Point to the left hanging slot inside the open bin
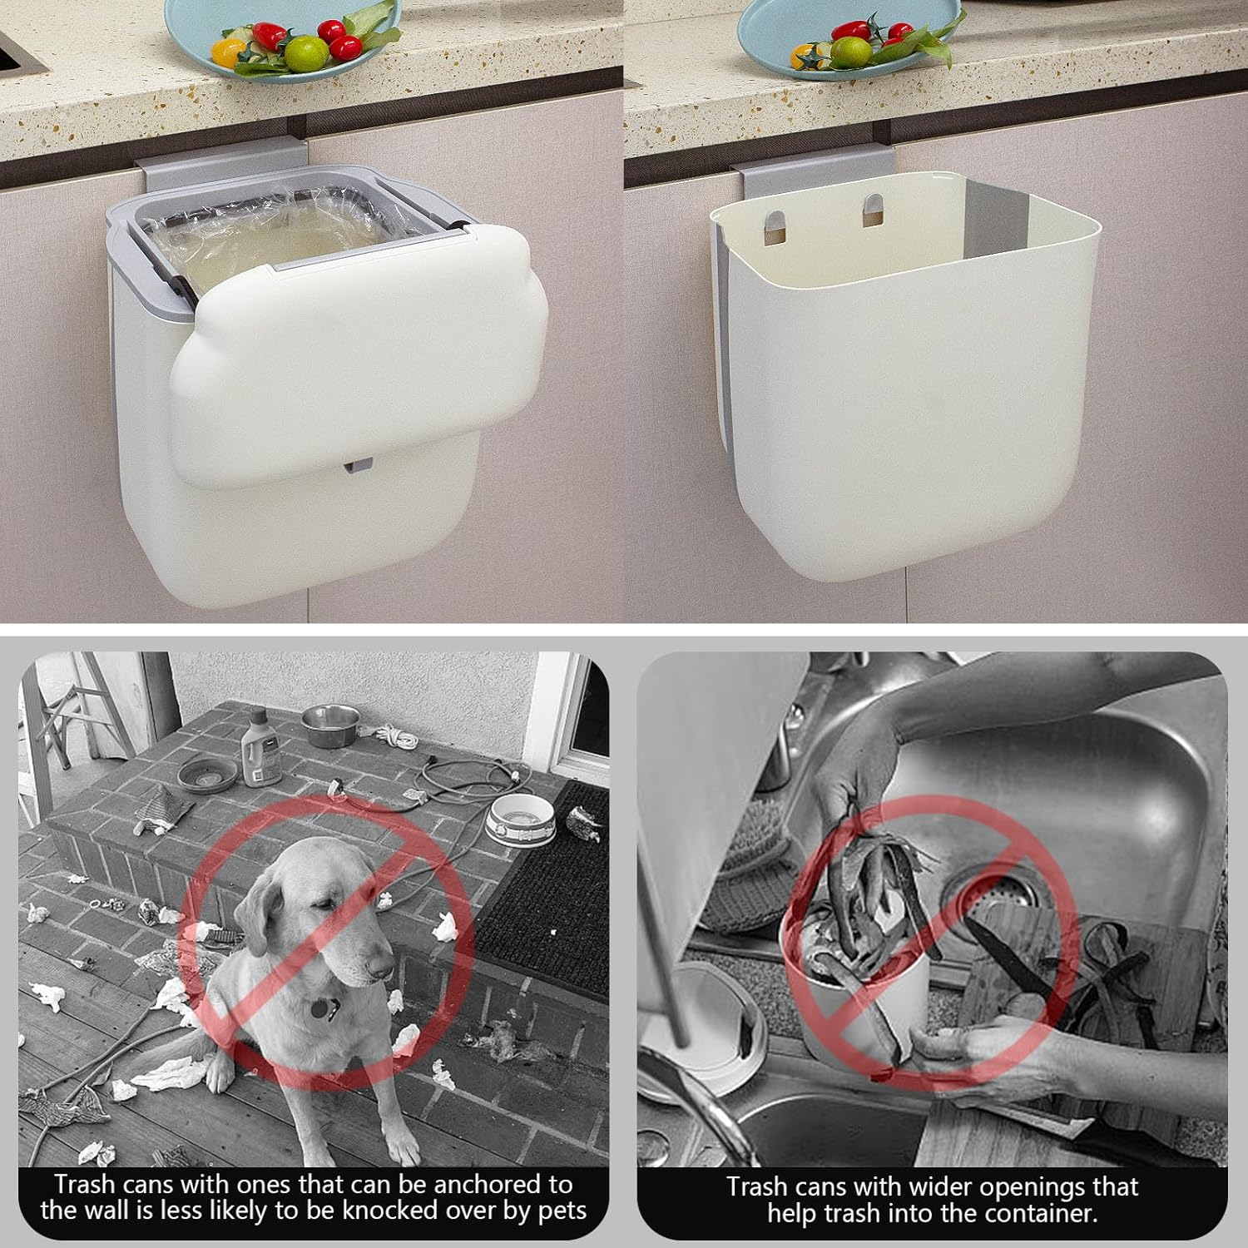coord(774,227)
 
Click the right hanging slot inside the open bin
coord(874,211)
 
